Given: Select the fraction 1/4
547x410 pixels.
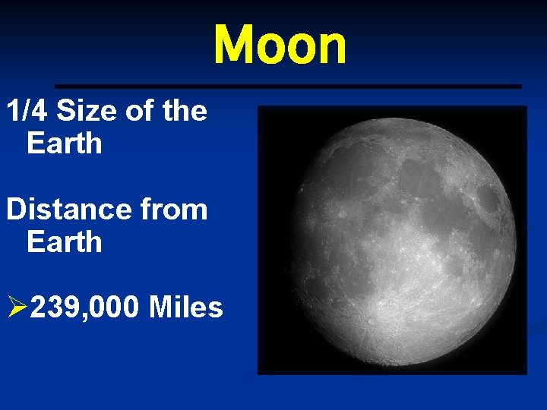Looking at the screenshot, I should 28,111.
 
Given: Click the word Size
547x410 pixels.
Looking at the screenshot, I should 87,111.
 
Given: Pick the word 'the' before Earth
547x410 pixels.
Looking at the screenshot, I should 184,111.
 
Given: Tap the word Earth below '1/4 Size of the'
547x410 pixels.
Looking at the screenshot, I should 64,143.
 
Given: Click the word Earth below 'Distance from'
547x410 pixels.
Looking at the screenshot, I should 64,241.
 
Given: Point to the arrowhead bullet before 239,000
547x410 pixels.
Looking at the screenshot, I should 16,307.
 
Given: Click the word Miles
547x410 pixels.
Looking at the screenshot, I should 186,307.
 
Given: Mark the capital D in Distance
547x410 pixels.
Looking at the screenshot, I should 15,209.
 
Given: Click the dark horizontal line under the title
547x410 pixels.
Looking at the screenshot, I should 289,87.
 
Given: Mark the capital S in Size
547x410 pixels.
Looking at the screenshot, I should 66,111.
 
